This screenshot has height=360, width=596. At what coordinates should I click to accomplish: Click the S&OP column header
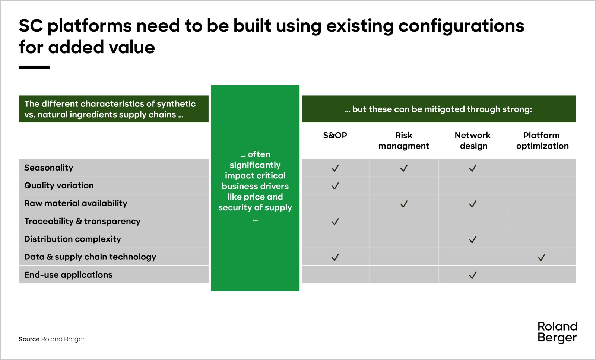pyautogui.click(x=335, y=136)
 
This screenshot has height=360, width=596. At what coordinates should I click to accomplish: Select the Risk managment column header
pyautogui.click(x=404, y=141)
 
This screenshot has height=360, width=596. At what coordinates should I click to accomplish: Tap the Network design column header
pyautogui.click(x=473, y=141)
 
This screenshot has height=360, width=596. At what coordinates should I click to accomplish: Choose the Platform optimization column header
pyautogui.click(x=542, y=141)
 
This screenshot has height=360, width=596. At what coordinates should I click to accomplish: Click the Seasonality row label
pyautogui.click(x=49, y=168)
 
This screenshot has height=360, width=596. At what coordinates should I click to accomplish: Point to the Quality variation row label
pyautogui.click(x=59, y=185)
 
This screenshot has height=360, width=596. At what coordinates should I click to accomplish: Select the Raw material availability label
pyautogui.click(x=76, y=203)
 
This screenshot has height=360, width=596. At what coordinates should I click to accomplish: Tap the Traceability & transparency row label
pyautogui.click(x=82, y=221)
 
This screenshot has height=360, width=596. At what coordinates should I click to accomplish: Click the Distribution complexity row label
pyautogui.click(x=72, y=239)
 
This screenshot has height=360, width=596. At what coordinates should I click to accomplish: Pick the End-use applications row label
pyautogui.click(x=68, y=275)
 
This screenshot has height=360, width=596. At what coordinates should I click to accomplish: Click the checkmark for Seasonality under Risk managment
pyautogui.click(x=404, y=168)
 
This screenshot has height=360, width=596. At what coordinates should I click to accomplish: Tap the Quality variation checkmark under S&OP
pyautogui.click(x=335, y=186)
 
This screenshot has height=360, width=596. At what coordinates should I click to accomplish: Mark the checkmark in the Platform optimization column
pyautogui.click(x=542, y=257)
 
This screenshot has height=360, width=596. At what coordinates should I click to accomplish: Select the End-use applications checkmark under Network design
pyautogui.click(x=473, y=275)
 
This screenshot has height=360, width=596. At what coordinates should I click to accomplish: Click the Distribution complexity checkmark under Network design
pyautogui.click(x=473, y=239)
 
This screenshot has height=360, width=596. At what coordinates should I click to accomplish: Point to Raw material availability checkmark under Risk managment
pyautogui.click(x=404, y=204)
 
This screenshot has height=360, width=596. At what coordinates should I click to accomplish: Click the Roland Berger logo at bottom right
pyautogui.click(x=557, y=332)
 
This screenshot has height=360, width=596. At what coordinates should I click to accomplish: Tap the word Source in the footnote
pyautogui.click(x=29, y=339)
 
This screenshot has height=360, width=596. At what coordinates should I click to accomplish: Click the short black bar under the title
pyautogui.click(x=34, y=67)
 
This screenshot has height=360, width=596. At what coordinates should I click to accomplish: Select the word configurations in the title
pyautogui.click(x=461, y=26)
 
